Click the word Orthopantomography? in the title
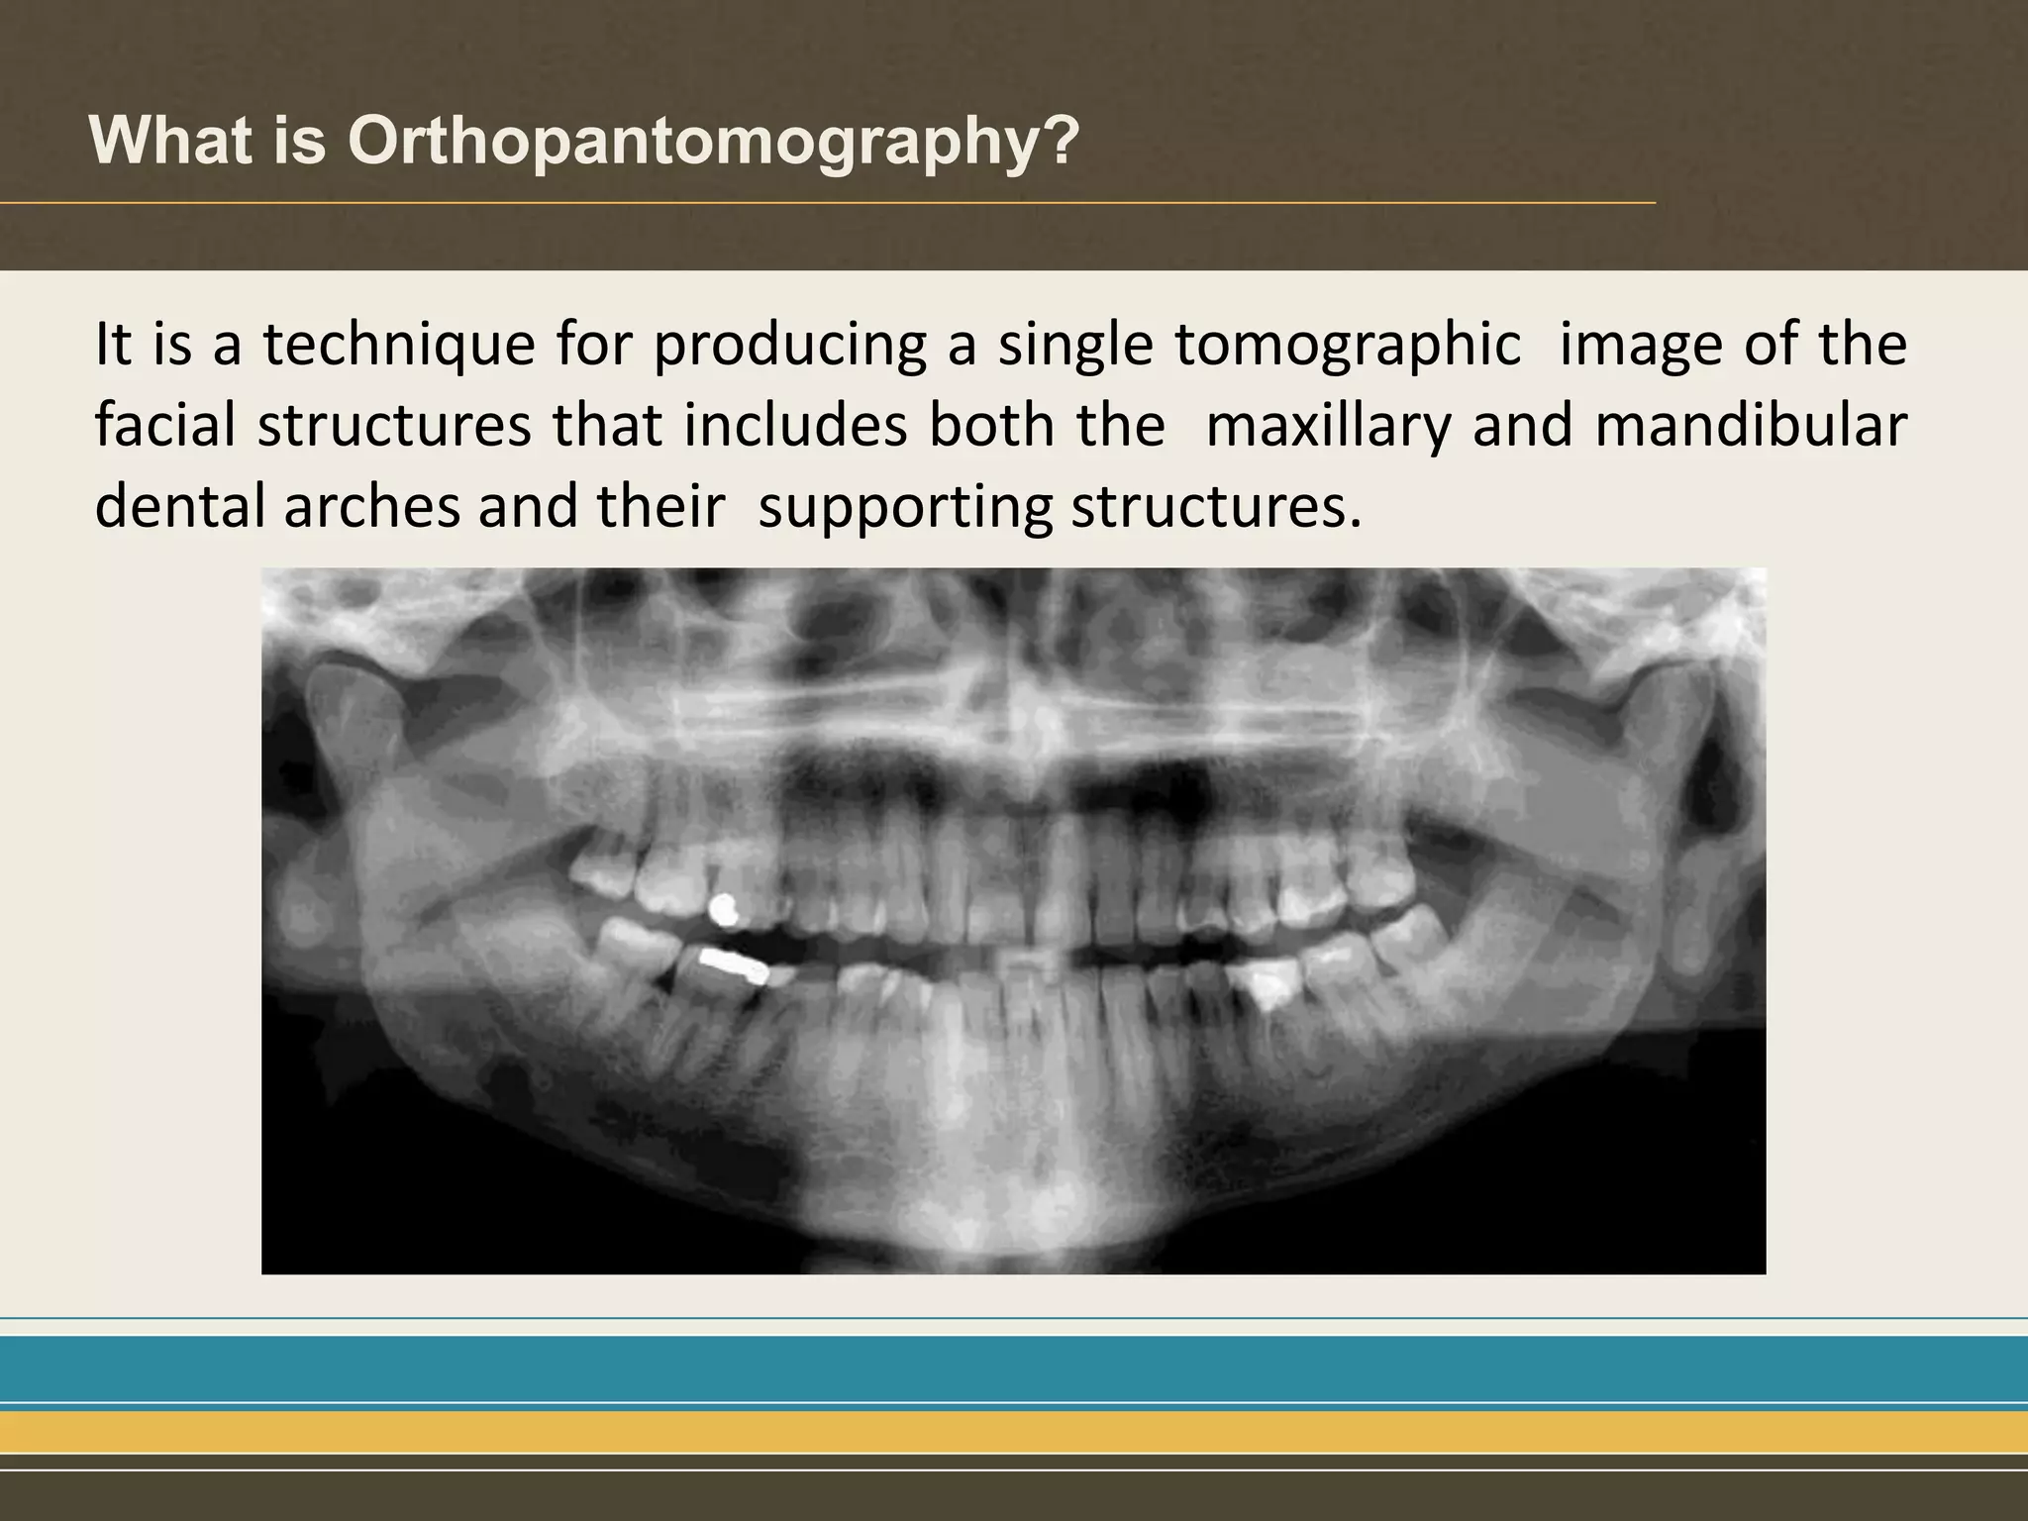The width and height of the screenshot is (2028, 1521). coord(713,142)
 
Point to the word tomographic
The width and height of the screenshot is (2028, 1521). coord(1348,346)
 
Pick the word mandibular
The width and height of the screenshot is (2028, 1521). coord(1751,427)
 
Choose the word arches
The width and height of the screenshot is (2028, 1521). coord(371,506)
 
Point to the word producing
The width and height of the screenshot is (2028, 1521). coord(790,346)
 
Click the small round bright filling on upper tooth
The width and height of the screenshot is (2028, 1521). coord(724,909)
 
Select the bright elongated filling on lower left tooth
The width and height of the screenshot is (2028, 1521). coord(733,964)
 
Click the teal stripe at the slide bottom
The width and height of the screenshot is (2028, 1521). coord(1014,1369)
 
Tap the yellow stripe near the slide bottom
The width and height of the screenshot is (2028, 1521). coord(1014,1432)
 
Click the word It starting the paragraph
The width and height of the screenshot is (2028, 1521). coord(114,346)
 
